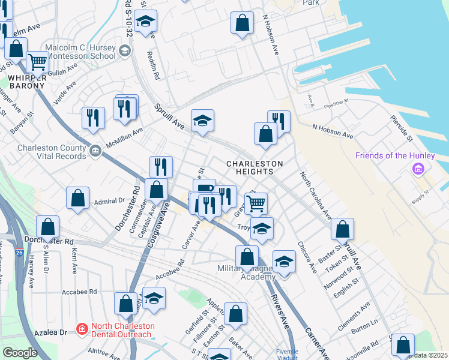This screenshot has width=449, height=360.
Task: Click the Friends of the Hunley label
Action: (394, 155)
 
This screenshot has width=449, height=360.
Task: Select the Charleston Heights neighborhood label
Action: (255, 167)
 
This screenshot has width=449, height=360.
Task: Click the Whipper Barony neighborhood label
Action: (26, 81)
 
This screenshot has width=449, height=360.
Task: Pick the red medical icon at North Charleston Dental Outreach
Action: (82, 329)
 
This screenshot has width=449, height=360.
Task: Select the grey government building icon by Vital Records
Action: (95, 150)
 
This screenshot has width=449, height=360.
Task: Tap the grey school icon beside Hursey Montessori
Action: (125, 50)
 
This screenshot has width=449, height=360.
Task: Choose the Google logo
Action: (20, 353)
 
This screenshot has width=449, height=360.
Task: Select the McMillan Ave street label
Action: (124, 135)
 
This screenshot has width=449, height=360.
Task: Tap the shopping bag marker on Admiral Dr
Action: (78, 199)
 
